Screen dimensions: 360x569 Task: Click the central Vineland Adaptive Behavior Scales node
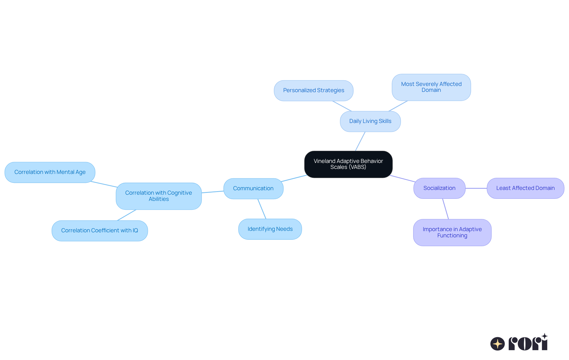coord(348,164)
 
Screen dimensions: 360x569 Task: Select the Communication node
coord(253,188)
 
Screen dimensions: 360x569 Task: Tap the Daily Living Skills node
coord(370,121)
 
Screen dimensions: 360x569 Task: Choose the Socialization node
coord(439,188)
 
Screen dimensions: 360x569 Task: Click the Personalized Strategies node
coord(314,90)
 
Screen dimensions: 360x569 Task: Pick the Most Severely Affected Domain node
coord(431,87)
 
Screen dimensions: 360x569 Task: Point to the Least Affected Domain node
coord(525,188)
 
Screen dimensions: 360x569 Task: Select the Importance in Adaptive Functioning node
coord(452,232)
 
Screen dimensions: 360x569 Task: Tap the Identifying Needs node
coord(270,229)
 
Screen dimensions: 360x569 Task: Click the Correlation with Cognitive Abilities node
coord(159,196)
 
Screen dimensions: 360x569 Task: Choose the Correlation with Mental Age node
coord(50,172)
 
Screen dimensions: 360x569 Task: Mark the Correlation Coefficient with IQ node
coord(100,231)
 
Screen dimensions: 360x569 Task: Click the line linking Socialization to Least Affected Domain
coord(476,188)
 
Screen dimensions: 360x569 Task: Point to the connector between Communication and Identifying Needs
coord(262,209)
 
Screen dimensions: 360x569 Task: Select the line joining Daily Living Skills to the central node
coord(360,141)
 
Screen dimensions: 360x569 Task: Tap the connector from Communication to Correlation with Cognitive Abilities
coord(212,192)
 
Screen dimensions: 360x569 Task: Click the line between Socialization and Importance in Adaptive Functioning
coord(445,209)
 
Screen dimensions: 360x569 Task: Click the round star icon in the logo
coord(497,344)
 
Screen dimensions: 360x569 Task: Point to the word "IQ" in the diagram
coord(135,231)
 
